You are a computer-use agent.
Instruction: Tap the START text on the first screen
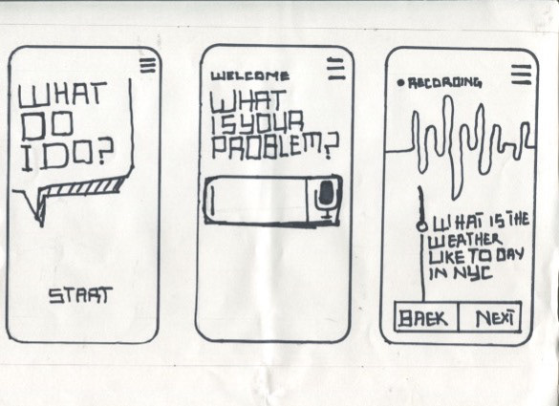coord(80,295)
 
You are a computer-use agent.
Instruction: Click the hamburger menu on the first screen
coord(147,66)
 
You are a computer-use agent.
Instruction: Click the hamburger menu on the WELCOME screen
coord(336,68)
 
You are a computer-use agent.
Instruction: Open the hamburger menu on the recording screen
coord(521,75)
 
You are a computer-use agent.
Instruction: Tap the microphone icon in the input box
coord(326,199)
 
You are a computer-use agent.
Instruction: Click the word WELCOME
coord(250,75)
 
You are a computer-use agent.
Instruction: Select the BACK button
coord(425,317)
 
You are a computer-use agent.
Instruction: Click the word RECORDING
coord(444,83)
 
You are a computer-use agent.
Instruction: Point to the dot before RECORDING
coord(400,83)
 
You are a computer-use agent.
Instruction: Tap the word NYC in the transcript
coord(473,274)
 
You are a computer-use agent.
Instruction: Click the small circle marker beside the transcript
coord(422,225)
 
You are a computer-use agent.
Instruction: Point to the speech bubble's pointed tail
coord(40,222)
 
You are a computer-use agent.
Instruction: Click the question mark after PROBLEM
coord(331,146)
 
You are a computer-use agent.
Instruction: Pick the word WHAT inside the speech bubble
coord(63,95)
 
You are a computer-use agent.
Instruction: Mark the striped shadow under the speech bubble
coord(83,187)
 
